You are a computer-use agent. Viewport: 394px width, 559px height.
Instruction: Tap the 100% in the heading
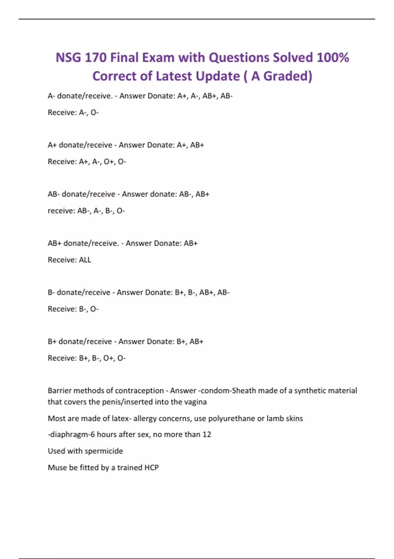[333, 58]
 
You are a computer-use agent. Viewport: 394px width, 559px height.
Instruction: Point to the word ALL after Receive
[85, 260]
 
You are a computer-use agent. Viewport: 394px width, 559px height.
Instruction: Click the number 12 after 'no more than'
[207, 434]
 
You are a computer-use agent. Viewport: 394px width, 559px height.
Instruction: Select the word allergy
[145, 418]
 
